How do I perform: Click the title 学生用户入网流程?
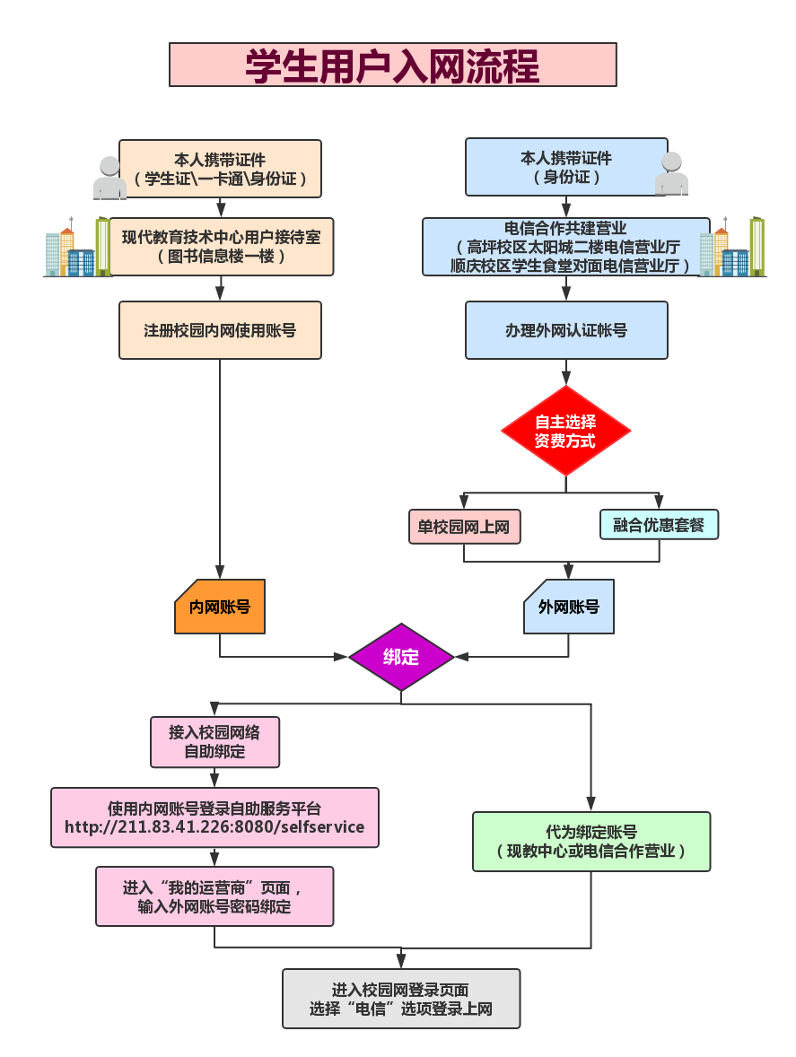[392, 66]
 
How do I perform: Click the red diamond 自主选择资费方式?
[565, 431]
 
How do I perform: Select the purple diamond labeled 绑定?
[401, 657]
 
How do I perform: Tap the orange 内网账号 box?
[220, 607]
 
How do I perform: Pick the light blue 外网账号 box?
[569, 607]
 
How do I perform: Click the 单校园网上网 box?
[464, 527]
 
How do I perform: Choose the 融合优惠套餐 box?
[659, 525]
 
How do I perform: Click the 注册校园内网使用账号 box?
[220, 330]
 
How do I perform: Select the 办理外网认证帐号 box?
[566, 330]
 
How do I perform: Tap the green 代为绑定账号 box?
[591, 842]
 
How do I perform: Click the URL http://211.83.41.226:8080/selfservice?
[214, 827]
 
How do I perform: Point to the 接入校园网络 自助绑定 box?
[214, 742]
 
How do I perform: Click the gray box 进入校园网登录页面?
[401, 998]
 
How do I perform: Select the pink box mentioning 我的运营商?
[214, 896]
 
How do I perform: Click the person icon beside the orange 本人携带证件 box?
[109, 178]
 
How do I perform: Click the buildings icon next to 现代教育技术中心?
[71, 248]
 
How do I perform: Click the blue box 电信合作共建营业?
[566, 247]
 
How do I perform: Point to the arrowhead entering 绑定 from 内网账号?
[340, 657]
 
